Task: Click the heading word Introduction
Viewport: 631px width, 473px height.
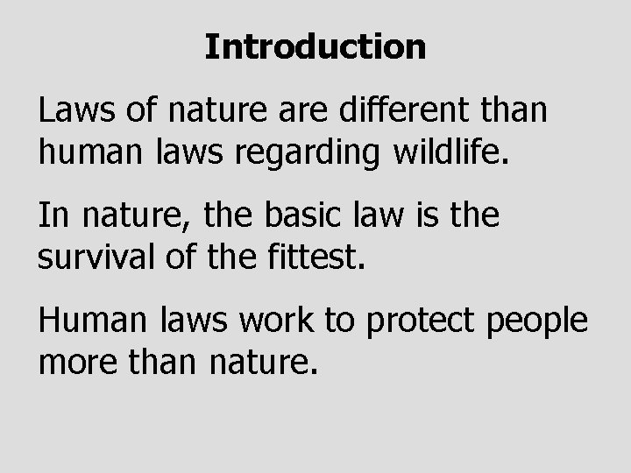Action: [x=315, y=46]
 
